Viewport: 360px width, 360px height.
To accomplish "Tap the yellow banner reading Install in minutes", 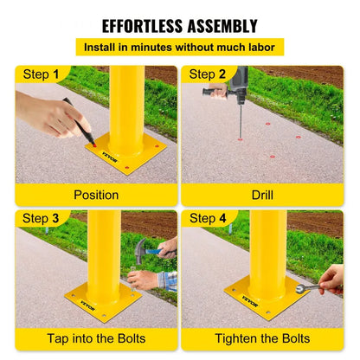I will pyautogui.click(x=179, y=48).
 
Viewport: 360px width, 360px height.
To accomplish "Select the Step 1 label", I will pyautogui.click(x=41, y=74).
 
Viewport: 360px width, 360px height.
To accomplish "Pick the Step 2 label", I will pyautogui.click(x=208, y=74).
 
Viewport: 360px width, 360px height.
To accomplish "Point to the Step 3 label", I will pyautogui.click(x=41, y=218).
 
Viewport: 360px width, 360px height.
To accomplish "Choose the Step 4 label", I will pyautogui.click(x=208, y=218).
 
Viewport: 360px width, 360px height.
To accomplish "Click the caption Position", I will pyautogui.click(x=96, y=195).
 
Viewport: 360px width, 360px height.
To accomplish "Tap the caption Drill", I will pyautogui.click(x=262, y=195).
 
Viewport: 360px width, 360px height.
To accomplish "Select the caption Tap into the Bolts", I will pyautogui.click(x=96, y=337).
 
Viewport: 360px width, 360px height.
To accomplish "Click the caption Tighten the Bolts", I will pyautogui.click(x=262, y=337).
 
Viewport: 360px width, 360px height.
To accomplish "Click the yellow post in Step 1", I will pyautogui.click(x=127, y=104).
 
